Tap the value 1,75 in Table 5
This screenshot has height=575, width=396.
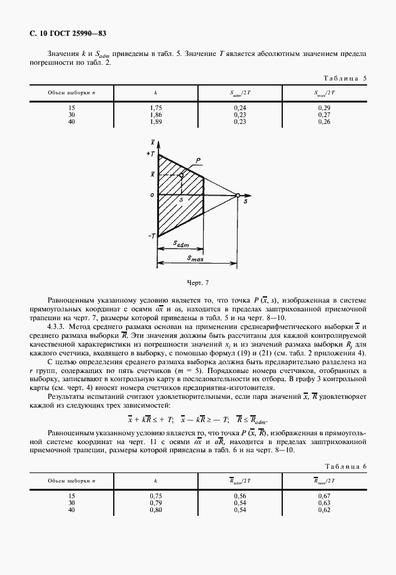(155, 108)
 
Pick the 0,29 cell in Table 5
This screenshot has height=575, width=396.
(324, 108)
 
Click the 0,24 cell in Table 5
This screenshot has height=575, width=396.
(239, 108)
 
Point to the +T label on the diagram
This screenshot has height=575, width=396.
(150, 154)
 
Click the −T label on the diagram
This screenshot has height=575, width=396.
(151, 235)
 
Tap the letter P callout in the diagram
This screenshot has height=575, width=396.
(197, 162)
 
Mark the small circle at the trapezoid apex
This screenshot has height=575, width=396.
(238, 196)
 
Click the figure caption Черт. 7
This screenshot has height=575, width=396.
(197, 282)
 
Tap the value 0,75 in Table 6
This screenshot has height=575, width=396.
(155, 496)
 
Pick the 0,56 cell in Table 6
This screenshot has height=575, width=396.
(239, 496)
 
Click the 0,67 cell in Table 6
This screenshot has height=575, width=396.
(324, 496)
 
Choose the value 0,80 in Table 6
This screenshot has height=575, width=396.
(155, 509)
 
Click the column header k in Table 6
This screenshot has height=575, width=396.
(155, 481)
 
